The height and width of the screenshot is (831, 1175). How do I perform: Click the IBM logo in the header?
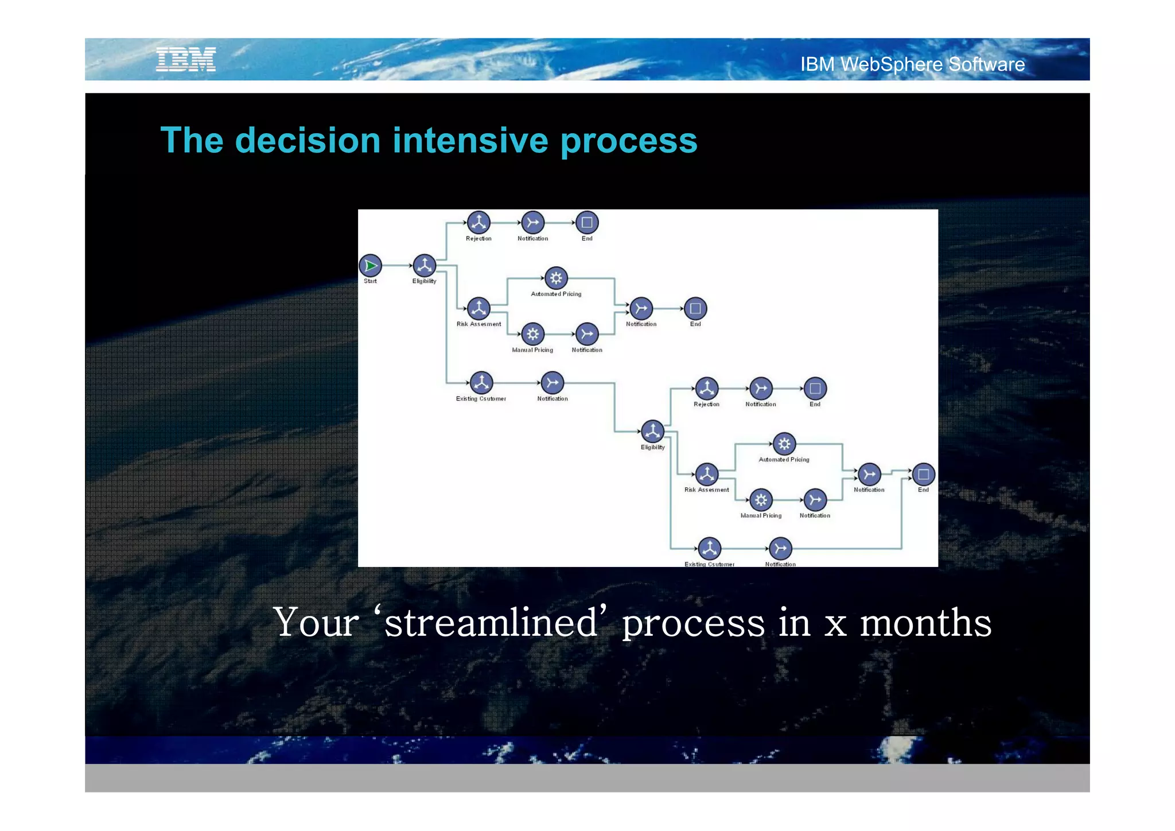point(186,60)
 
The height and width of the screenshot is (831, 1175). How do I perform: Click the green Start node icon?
point(371,266)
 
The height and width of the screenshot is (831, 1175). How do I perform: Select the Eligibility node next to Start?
point(425,266)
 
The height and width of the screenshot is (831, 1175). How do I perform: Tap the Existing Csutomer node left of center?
point(481,383)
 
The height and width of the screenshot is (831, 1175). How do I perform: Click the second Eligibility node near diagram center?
point(652,432)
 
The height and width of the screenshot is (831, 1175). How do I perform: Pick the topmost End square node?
point(587,223)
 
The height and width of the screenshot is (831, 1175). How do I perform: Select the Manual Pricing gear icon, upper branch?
point(533,334)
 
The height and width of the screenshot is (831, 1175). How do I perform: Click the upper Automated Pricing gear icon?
point(556,278)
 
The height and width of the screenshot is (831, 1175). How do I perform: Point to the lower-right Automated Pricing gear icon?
point(784,444)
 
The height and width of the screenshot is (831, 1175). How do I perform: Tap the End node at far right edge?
point(923,475)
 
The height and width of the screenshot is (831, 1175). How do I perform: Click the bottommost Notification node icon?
point(780,549)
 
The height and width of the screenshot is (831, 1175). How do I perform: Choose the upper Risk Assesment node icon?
point(478,309)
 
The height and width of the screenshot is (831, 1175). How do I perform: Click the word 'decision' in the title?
point(308,141)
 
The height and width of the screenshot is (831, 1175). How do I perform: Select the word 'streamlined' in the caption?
point(491,623)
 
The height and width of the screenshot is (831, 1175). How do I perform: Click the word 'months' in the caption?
point(925,623)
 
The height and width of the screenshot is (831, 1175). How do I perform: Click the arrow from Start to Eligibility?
point(397,266)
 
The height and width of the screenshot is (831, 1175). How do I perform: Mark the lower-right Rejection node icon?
point(707,389)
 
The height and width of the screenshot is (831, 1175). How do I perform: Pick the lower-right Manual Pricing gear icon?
point(761,500)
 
